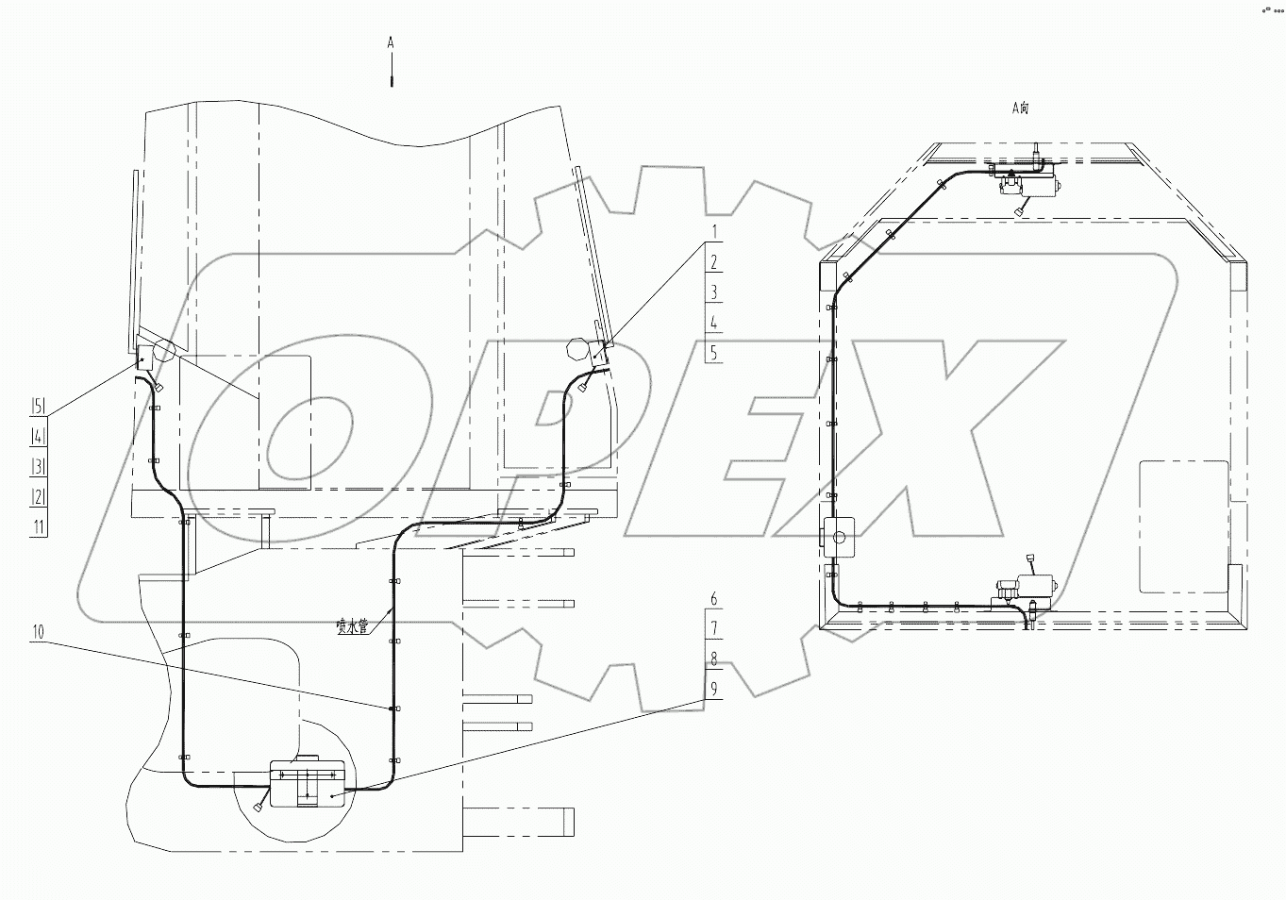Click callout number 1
(714, 231)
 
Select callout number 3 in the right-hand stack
(714, 292)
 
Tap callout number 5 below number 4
(714, 352)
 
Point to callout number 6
(714, 599)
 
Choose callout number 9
(714, 690)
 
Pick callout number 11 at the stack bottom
(38, 526)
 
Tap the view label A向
(1020, 108)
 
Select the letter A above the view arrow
(391, 43)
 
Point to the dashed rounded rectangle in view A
(1183, 525)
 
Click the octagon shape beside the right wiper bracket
(576, 350)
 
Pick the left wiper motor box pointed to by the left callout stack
(145, 357)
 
